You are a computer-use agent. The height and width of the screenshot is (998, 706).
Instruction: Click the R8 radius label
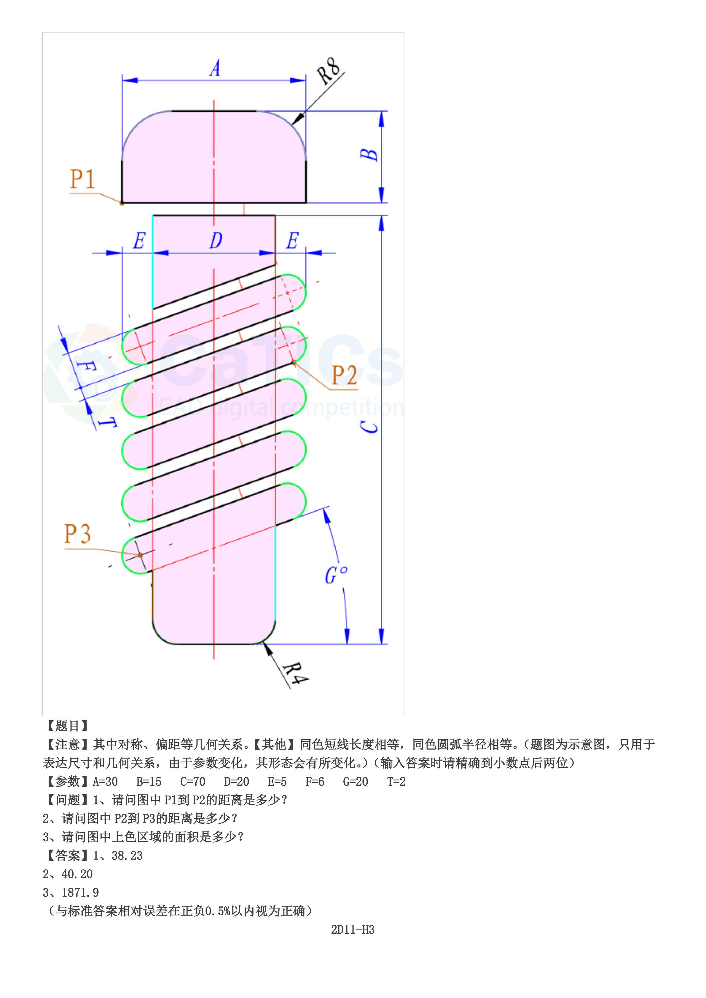(x=329, y=71)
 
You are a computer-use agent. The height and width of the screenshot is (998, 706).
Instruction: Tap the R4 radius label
(x=296, y=674)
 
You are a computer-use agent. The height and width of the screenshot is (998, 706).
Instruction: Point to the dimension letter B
(x=370, y=155)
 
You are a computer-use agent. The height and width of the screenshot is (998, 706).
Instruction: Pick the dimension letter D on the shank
(x=216, y=240)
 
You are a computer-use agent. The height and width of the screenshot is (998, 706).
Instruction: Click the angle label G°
(x=336, y=575)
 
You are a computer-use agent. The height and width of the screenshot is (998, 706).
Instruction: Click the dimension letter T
(x=106, y=421)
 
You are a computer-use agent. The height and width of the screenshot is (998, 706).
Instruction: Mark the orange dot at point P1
(x=122, y=203)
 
